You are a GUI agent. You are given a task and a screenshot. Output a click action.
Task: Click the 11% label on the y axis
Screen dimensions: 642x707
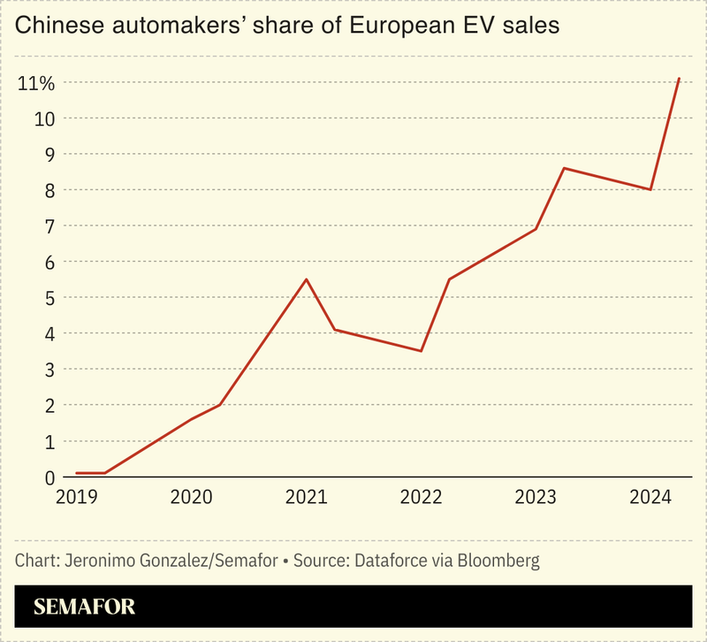[x=35, y=83]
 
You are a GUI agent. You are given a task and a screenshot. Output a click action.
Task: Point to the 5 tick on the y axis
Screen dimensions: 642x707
[x=42, y=298]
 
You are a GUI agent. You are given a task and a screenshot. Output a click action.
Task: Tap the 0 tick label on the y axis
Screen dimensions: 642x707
[x=42, y=478]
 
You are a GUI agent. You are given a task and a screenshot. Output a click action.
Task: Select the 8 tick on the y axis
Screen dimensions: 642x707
[x=42, y=190]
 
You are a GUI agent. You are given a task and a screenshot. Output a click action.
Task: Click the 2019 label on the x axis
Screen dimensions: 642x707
[x=76, y=498]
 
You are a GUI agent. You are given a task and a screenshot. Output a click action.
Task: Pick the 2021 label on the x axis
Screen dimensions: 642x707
[x=306, y=498]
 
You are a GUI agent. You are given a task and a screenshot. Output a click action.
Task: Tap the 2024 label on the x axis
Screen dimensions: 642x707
[x=650, y=498]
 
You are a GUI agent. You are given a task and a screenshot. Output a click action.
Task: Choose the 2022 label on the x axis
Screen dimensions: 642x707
[x=421, y=498]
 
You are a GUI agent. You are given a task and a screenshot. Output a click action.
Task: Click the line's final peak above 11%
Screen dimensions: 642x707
[x=679, y=79]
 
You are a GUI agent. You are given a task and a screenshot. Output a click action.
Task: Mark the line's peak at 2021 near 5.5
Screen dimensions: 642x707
[x=306, y=279]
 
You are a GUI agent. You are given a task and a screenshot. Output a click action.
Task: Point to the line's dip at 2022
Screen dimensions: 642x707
[x=421, y=351]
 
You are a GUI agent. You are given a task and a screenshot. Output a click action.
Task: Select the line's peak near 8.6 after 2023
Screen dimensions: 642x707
[x=564, y=168]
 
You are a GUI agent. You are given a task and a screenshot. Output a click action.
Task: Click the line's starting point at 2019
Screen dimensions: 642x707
[x=77, y=473]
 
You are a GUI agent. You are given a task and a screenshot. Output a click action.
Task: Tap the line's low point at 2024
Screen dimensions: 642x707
[x=650, y=189]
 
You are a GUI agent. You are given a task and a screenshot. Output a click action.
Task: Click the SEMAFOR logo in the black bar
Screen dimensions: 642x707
[x=84, y=608]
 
